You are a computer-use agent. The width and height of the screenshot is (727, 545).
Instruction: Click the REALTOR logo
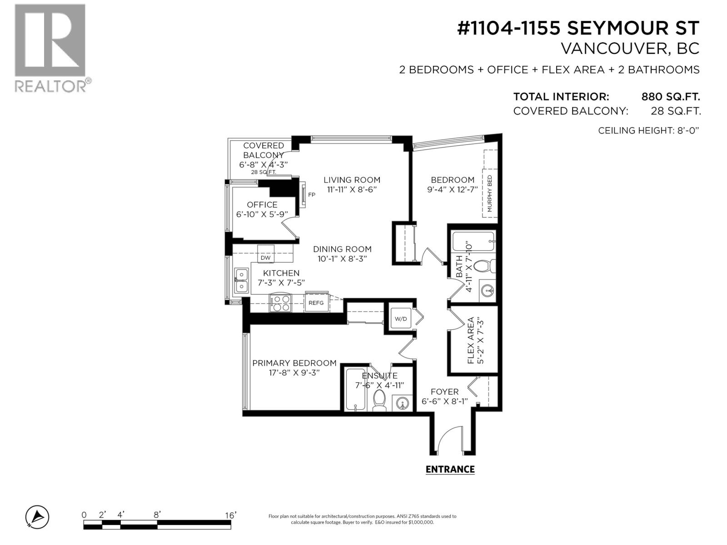pyautogui.click(x=50, y=48)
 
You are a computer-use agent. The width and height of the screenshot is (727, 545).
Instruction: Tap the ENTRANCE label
pyautogui.click(x=450, y=470)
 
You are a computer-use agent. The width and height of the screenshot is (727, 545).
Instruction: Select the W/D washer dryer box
pyautogui.click(x=401, y=319)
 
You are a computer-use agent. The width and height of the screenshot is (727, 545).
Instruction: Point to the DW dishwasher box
pyautogui.click(x=266, y=258)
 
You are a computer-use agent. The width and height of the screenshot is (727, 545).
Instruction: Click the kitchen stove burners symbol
pyautogui.click(x=280, y=303)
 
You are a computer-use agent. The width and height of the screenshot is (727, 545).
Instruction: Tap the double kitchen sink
pyautogui.click(x=241, y=281)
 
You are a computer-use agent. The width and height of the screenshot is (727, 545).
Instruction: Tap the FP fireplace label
pyautogui.click(x=312, y=195)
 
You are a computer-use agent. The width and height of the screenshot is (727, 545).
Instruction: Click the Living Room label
pyautogui.click(x=352, y=180)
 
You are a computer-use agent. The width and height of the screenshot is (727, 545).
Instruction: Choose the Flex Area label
pyautogui.click(x=471, y=341)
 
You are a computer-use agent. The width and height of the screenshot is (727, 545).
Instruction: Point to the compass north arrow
pyautogui.click(x=38, y=517)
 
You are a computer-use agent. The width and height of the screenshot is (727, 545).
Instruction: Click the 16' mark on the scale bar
pyautogui.click(x=230, y=515)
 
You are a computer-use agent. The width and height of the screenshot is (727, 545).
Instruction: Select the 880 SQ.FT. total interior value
pyautogui.click(x=670, y=97)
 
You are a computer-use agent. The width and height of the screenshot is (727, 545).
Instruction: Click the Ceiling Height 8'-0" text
pyautogui.click(x=648, y=130)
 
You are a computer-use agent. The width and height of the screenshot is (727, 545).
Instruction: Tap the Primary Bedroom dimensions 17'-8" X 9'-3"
pyautogui.click(x=294, y=372)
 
